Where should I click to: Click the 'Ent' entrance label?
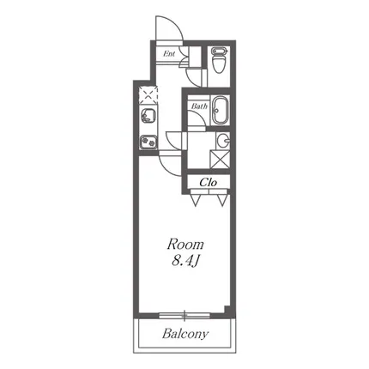coord(169,53)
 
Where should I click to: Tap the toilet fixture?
coord(219,60)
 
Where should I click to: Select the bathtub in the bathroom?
coord(221,111)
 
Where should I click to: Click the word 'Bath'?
coord(199,106)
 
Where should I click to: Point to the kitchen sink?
coord(148,116)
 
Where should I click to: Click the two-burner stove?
coord(148,142)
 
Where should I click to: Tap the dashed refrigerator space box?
coord(148,94)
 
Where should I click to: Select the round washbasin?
coord(223,141)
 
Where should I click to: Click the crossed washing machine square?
coord(220,160)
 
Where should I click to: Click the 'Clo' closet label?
coord(209,182)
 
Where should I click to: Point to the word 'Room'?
coord(185,245)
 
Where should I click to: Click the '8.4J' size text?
coord(185,261)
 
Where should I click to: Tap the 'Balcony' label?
coord(185,334)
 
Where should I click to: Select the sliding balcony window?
coord(184,316)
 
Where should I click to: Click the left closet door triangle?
coord(196,200)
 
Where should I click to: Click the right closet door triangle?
coord(222,200)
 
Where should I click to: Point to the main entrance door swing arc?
coord(177,23)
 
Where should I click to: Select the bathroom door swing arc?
coord(200,117)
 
